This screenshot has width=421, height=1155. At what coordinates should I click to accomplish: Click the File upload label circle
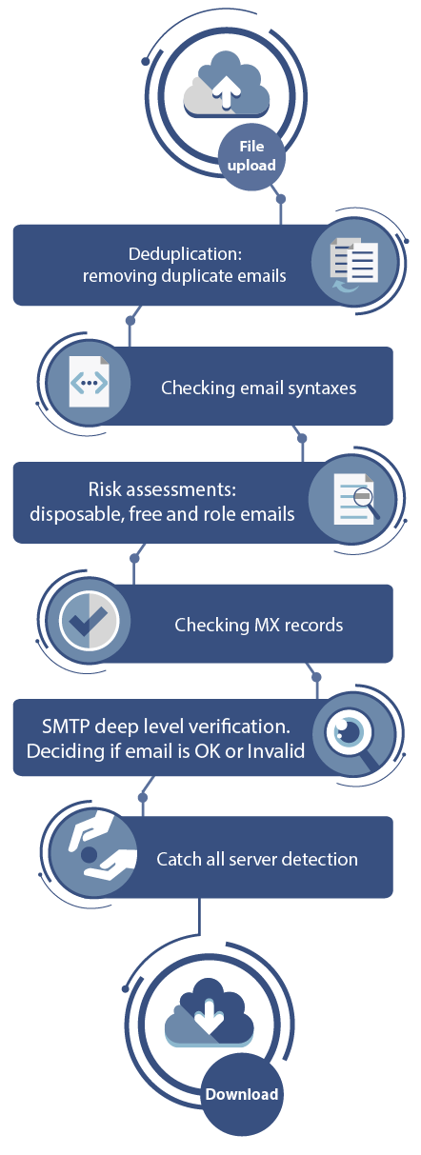tap(251, 156)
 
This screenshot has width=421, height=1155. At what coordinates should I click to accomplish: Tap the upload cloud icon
tap(227, 84)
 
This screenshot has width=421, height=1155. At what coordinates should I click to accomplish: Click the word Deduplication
tap(183, 253)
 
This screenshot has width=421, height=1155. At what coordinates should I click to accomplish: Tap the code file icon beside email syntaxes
tap(89, 382)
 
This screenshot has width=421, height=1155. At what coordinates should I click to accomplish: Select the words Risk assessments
tap(162, 488)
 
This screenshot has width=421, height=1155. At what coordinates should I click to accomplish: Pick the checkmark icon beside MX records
tap(89, 620)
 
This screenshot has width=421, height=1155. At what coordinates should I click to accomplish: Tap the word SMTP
tap(66, 727)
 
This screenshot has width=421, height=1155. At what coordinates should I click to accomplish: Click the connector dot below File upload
tap(281, 198)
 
